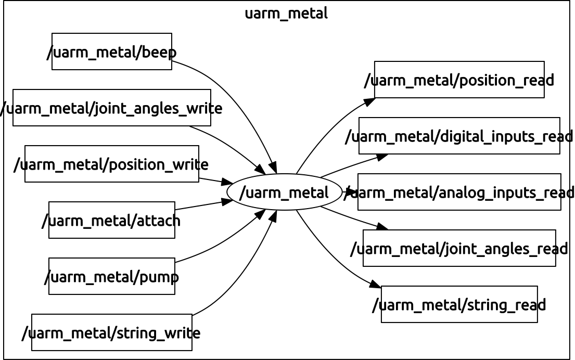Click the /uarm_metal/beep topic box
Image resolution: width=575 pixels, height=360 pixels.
[x=111, y=52]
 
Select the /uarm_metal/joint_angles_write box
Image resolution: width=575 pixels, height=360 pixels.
[x=111, y=108]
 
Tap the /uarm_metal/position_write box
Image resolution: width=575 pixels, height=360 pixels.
[x=111, y=164]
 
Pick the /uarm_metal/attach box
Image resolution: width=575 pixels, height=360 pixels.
[x=111, y=220]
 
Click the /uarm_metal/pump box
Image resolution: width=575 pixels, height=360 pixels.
[x=111, y=276]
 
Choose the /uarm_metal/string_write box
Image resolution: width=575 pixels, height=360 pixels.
[x=111, y=332]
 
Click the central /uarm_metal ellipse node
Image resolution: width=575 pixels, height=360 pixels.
[x=284, y=192]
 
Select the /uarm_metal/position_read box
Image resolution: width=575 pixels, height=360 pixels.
[x=459, y=80]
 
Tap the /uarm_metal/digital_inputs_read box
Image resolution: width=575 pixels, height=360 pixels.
[x=459, y=136]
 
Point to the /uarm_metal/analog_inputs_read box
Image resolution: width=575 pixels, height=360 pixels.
[x=459, y=192]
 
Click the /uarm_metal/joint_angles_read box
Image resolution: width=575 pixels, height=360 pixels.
[x=459, y=248]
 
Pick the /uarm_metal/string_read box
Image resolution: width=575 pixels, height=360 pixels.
[x=459, y=304]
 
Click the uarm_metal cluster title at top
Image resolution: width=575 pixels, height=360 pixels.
[x=286, y=14]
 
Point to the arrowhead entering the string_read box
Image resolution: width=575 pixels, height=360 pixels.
[x=376, y=285]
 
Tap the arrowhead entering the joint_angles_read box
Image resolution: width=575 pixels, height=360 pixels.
[x=382, y=227]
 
